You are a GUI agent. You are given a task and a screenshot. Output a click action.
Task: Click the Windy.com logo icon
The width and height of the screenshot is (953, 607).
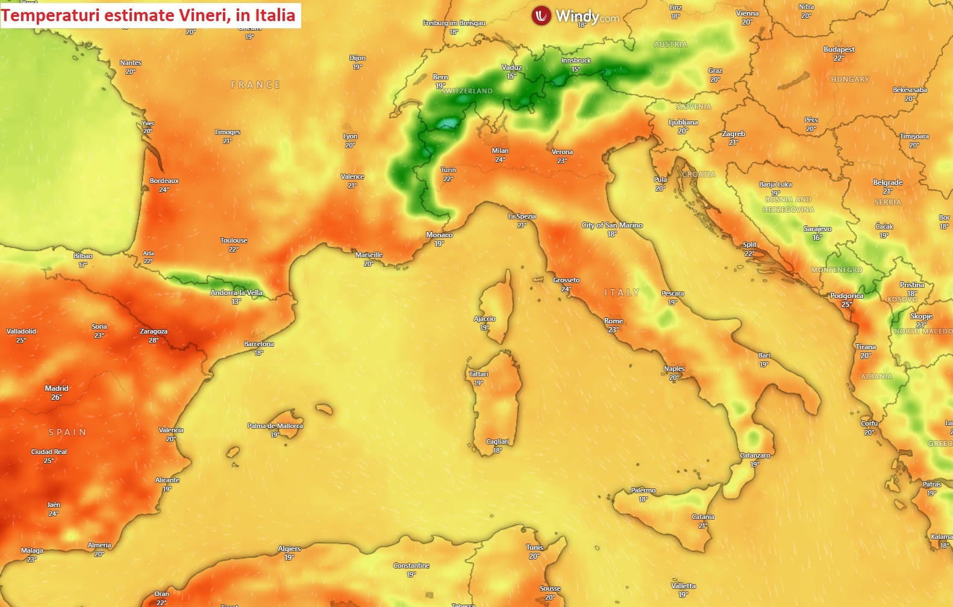pos(541,16)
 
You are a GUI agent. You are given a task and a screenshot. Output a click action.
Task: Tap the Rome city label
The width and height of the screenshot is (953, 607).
pos(613,321)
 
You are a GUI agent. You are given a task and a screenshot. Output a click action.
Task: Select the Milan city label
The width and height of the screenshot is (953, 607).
pos(500,151)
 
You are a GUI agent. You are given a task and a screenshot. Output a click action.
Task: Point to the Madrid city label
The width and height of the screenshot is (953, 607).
pos(57,388)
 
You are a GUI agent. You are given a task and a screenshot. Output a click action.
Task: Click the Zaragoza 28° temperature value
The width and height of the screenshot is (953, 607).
pos(154,340)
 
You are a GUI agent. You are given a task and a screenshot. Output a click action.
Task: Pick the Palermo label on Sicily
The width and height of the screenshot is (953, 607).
pos(643,490)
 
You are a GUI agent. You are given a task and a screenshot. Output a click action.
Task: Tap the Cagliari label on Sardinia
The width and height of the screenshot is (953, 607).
pos(498,441)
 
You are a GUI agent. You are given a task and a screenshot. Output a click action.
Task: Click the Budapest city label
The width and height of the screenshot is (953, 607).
pos(839,49)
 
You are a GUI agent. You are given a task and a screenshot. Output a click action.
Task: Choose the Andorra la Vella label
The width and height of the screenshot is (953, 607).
pos(236,293)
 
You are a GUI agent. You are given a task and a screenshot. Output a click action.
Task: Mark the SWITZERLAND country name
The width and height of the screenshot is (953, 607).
pos(467,91)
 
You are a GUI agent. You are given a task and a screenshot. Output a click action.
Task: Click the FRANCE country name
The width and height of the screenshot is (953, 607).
pos(255,85)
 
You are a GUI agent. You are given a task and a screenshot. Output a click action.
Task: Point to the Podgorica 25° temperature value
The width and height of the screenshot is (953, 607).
pos(846,305)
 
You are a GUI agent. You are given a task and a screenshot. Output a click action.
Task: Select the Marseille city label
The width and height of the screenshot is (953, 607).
pos(369,255)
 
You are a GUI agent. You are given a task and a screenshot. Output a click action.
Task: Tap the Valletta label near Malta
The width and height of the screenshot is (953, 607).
pos(683,585)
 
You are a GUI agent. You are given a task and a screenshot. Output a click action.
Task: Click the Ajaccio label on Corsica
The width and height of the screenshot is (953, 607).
pos(484,319)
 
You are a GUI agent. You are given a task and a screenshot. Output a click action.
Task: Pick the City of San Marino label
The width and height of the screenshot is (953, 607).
pos(612,225)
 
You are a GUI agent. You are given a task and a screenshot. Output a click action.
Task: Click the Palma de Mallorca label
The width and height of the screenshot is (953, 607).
pos(275,426)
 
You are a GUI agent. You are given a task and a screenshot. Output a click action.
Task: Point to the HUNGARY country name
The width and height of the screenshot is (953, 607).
pos(849,79)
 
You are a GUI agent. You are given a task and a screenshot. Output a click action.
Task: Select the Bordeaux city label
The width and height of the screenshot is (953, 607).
pos(164,181)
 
